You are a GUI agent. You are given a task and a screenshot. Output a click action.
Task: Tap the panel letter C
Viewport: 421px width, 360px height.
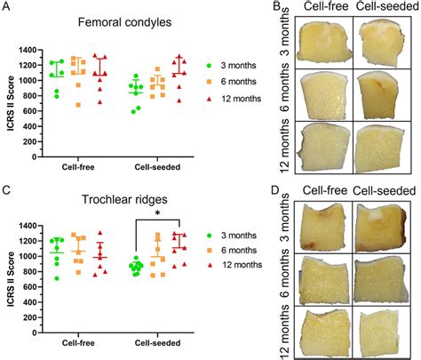(6, 189)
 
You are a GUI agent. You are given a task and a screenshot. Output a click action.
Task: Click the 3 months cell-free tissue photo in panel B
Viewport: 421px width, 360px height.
(329, 40)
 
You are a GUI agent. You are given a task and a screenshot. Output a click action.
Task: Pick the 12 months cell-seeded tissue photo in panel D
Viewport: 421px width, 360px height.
(384, 330)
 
